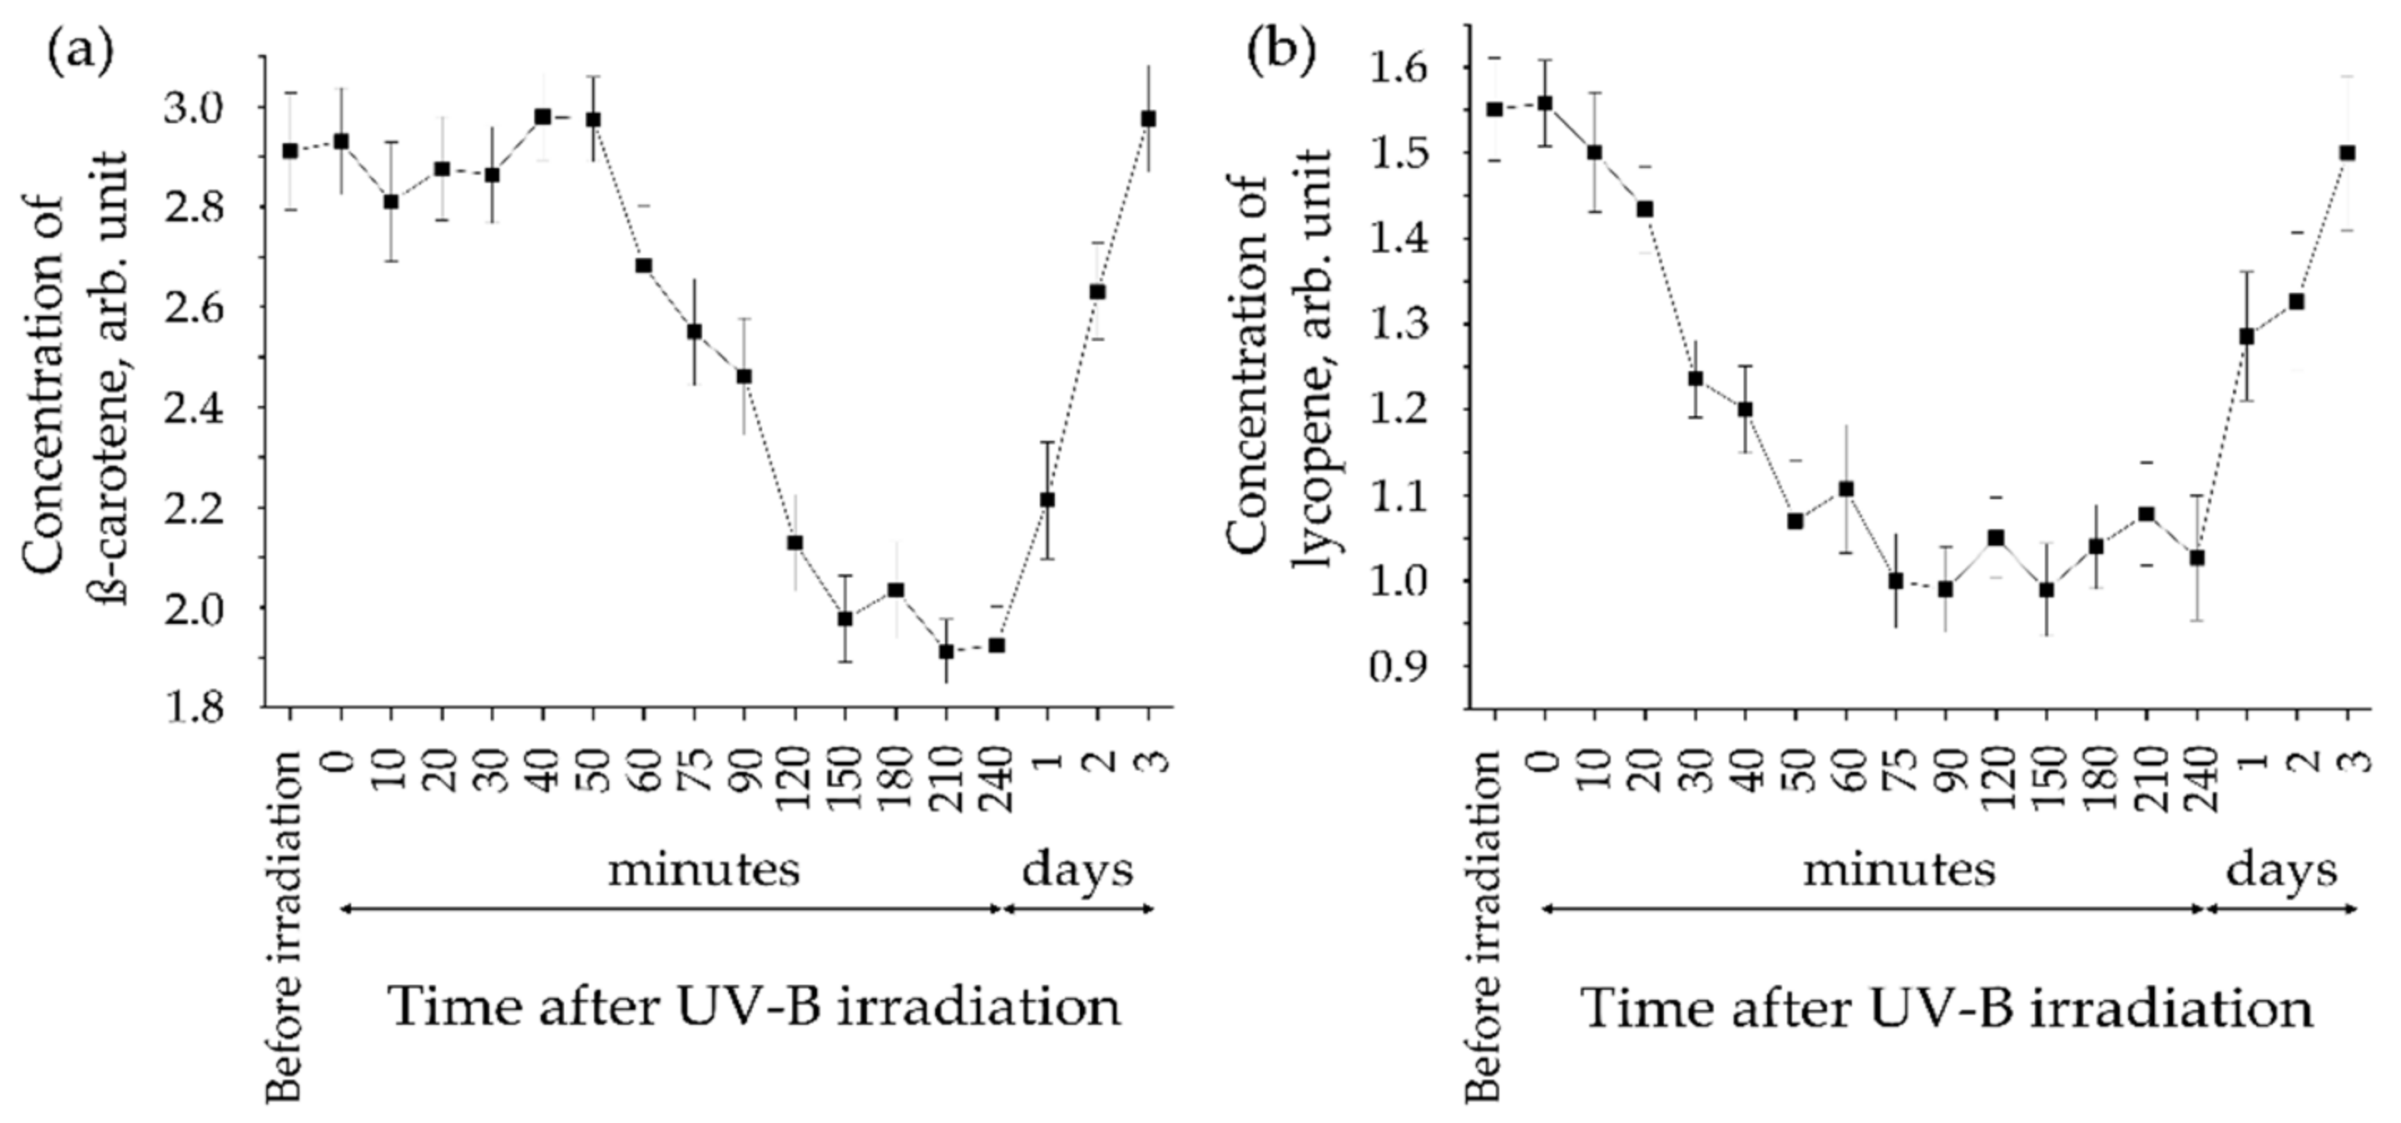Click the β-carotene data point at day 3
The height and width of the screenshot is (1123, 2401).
(1148, 118)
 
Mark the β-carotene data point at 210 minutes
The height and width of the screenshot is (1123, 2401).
(946, 651)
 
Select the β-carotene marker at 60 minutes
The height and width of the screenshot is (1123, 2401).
(643, 265)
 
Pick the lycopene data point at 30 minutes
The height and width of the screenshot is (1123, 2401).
(1696, 378)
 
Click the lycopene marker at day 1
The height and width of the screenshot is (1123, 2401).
(2246, 336)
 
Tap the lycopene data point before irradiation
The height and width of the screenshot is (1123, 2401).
(1495, 109)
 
